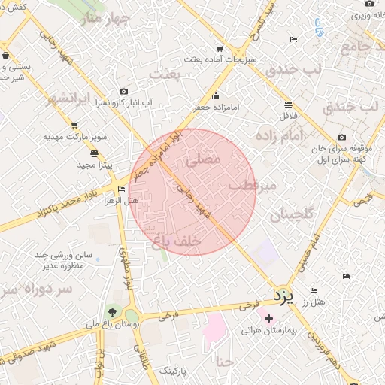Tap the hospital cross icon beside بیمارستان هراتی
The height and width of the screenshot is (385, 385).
[268, 319]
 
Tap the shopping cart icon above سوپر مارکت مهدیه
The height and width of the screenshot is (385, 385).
[74, 126]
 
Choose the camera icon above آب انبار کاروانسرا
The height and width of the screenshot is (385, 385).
[124, 91]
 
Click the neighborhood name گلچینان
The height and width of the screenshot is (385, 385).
[279, 215]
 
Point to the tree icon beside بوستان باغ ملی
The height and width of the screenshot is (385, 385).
[112, 311]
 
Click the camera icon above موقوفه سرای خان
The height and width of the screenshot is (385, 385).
[342, 137]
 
